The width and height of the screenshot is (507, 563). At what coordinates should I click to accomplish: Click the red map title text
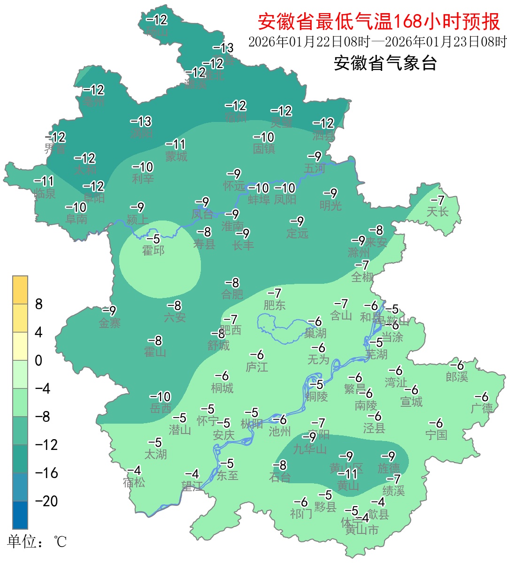click(379, 21)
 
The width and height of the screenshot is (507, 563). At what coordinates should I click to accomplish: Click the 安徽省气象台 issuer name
click(385, 63)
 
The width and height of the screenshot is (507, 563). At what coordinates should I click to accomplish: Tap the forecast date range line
click(377, 42)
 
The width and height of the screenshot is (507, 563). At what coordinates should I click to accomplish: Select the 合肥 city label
click(232, 294)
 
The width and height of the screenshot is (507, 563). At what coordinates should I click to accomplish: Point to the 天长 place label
click(437, 212)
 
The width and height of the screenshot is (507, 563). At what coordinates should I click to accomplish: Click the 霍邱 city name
click(154, 251)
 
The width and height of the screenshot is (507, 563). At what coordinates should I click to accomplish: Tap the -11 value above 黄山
click(347, 474)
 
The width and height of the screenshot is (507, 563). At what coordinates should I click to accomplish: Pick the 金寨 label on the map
click(109, 323)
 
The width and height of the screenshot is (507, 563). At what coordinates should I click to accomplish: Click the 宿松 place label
click(134, 482)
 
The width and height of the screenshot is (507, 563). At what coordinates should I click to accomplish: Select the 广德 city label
click(482, 408)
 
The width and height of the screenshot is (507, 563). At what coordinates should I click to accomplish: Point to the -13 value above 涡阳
click(141, 122)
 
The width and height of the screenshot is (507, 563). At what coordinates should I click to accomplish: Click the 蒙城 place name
click(176, 156)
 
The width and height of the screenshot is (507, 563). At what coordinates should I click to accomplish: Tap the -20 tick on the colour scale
click(46, 501)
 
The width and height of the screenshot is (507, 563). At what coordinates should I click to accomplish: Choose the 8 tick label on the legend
click(39, 304)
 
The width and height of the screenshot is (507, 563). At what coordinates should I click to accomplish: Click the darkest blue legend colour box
click(20, 515)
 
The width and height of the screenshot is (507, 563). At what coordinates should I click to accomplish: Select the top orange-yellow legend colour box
click(20, 290)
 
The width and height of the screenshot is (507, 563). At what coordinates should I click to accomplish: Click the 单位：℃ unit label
click(37, 542)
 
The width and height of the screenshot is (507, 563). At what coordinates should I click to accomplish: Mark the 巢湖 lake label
click(315, 333)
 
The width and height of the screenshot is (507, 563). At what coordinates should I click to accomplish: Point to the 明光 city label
click(330, 205)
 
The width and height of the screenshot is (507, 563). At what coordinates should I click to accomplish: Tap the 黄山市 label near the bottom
click(361, 530)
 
